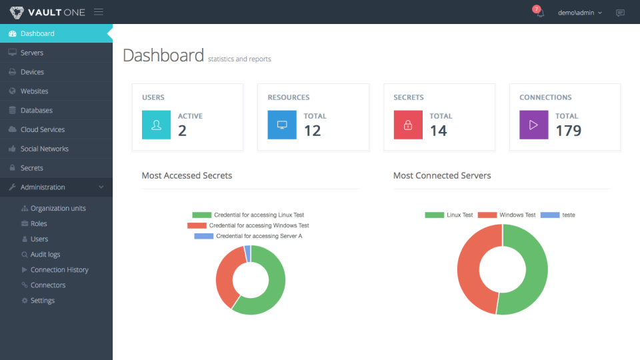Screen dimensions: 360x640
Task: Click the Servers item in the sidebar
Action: tap(31, 53)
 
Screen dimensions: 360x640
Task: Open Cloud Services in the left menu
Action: tap(43, 129)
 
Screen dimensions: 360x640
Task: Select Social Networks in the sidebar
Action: tap(44, 149)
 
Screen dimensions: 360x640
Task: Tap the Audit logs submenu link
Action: tap(45, 255)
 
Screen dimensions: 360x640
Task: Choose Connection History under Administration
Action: tap(59, 270)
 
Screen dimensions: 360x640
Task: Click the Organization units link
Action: tap(57, 209)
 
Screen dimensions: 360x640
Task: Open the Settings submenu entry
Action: tap(42, 301)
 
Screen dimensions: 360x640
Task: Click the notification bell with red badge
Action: tap(539, 12)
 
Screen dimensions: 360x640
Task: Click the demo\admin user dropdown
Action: tap(579, 13)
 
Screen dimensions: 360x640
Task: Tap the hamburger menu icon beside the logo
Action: tap(99, 12)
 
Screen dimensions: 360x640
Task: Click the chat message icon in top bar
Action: tap(620, 13)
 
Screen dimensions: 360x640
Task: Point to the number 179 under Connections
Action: tap(569, 131)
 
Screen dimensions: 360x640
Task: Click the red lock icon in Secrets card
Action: tap(408, 125)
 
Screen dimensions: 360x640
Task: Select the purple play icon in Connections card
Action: tap(533, 125)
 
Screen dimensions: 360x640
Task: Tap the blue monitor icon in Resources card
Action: tap(282, 125)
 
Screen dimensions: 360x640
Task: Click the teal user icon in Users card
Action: tap(156, 125)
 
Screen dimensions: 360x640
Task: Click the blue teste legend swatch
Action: tap(550, 215)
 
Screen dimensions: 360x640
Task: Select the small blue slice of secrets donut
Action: tap(247, 253)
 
